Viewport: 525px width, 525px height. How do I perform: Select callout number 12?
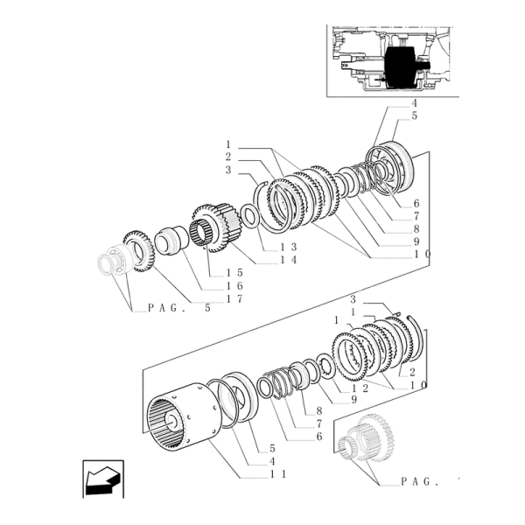pyautogui.click(x=359, y=385)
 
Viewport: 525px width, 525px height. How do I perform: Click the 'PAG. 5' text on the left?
pyautogui.click(x=179, y=307)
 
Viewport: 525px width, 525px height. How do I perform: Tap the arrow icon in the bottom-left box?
pyautogui.click(x=103, y=479)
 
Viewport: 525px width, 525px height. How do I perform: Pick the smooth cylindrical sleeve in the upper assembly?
pyautogui.click(x=168, y=241)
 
